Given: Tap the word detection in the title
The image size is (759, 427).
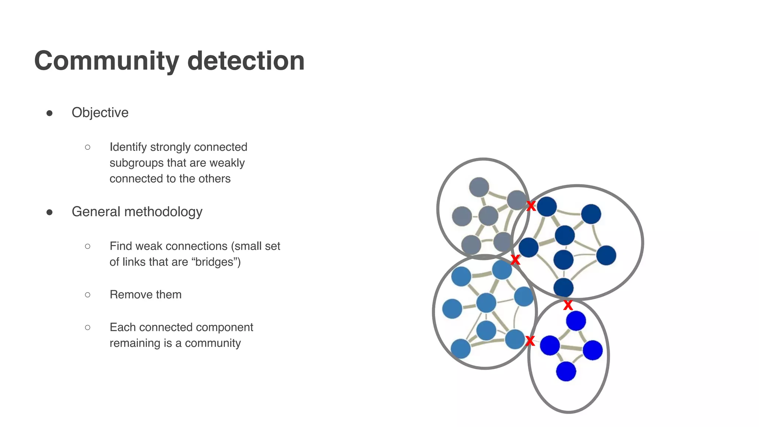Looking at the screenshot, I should pos(246,61).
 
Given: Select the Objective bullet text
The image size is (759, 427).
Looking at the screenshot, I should pos(100,113).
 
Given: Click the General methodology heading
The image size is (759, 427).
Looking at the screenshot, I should pos(137,212).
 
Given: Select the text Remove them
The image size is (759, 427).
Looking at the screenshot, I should pos(146,295).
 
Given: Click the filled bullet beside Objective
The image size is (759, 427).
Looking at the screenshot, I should pos(49,113).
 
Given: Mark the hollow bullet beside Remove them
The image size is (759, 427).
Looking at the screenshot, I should pos(87,295).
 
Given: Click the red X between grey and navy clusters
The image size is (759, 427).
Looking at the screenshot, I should pos(531,206).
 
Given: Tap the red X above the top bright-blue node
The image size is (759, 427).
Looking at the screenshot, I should pos(568,305).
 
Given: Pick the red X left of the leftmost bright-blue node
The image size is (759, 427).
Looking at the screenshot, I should pos(530,341).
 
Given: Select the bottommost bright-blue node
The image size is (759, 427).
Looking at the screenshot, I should pos(566,371).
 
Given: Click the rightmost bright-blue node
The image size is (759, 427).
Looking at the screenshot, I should pos(593,350).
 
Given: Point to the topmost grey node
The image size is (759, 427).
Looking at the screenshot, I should pos(479,187).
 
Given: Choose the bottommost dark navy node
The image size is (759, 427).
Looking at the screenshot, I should pos(563,288).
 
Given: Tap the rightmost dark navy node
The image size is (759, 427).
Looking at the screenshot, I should pos(606,255).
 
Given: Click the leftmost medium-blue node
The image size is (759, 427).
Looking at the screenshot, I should pos(452,309).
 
